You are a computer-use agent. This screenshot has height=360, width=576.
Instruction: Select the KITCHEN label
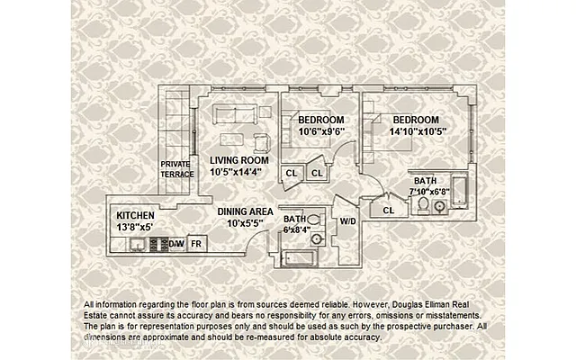135,216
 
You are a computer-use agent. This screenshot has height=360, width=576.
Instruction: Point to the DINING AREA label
247,211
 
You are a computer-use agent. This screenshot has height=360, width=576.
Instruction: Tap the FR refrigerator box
196,243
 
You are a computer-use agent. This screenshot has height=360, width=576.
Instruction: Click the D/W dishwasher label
175,243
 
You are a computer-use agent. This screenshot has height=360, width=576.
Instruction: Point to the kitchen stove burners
157,243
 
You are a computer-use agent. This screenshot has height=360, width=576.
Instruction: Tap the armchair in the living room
262,141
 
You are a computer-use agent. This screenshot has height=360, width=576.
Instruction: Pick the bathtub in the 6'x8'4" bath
298,256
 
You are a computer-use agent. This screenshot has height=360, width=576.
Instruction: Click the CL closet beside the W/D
388,210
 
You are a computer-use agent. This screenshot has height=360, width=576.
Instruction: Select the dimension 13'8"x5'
135,228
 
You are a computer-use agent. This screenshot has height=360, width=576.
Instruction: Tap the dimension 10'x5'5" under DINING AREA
247,222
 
